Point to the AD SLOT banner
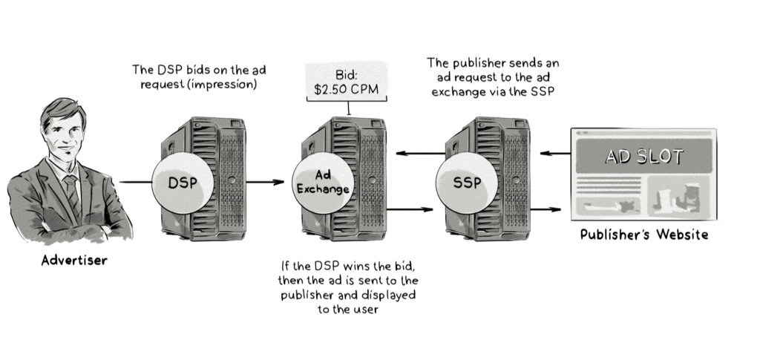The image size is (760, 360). (x=643, y=157)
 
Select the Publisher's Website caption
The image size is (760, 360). (x=643, y=235)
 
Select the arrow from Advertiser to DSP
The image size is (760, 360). (x=135, y=181)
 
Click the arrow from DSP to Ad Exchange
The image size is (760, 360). (x=265, y=181)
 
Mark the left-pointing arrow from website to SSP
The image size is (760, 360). (x=552, y=154)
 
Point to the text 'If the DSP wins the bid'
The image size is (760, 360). (x=345, y=266)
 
